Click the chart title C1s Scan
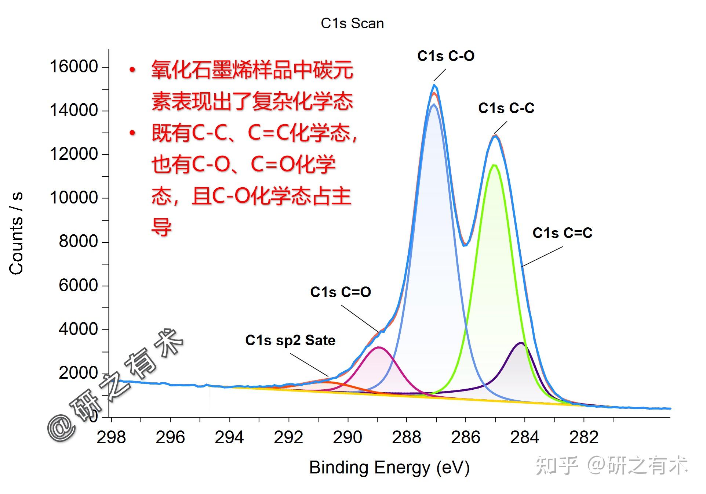(x=352, y=24)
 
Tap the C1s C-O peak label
(x=445, y=56)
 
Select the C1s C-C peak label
(x=506, y=108)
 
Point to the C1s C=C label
(x=562, y=233)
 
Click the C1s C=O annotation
(x=340, y=292)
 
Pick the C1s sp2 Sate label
(x=290, y=340)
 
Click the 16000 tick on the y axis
(x=74, y=67)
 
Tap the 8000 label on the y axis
(x=78, y=242)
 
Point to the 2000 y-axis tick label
(x=78, y=373)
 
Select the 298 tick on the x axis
(x=111, y=437)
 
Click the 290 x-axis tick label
(x=347, y=437)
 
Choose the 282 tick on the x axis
(x=583, y=437)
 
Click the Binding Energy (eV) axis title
(x=389, y=468)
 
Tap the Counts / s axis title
(x=16, y=233)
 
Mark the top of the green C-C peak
(x=494, y=165)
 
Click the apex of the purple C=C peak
(x=520, y=343)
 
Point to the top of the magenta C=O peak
(x=379, y=347)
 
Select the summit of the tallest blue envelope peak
(x=434, y=85)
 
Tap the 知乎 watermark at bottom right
(x=556, y=466)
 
